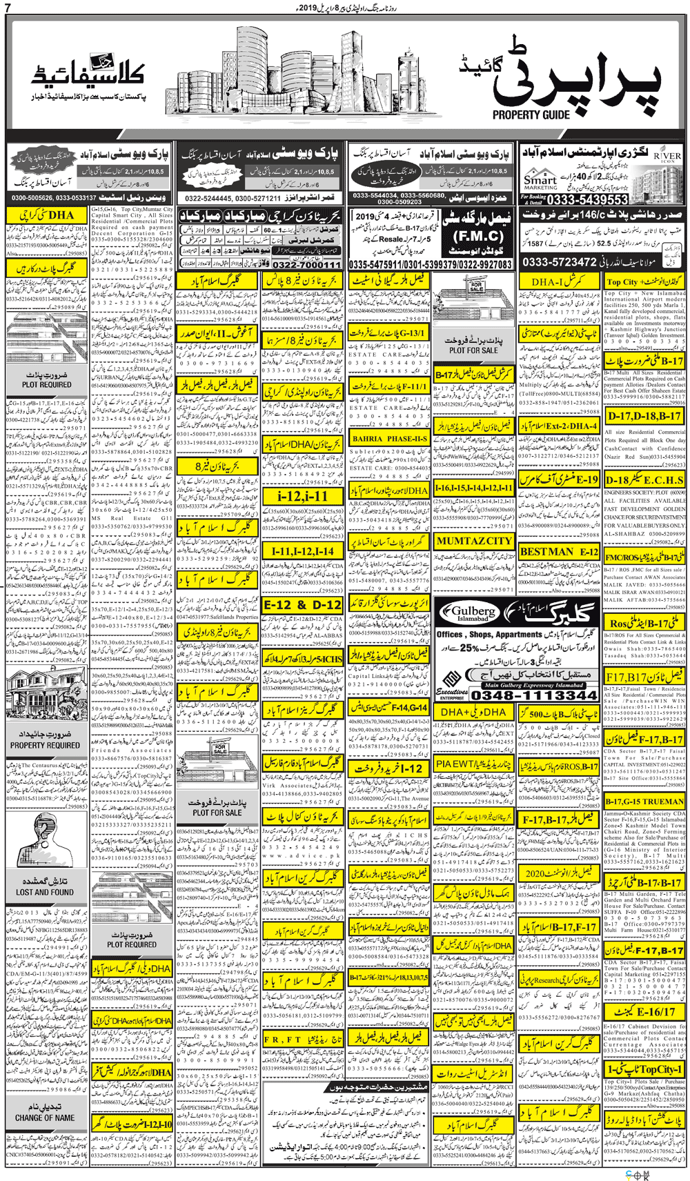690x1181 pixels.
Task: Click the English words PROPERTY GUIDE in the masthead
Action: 531,115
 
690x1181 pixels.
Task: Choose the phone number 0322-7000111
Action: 306,265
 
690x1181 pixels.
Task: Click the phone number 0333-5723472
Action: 559,262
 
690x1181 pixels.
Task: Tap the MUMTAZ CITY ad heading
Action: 474,541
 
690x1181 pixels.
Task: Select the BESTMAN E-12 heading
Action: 559,552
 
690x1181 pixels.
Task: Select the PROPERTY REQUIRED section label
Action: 45,745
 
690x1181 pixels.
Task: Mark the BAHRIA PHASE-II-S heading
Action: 389,438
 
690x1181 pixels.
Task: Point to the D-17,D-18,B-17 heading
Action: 644,417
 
